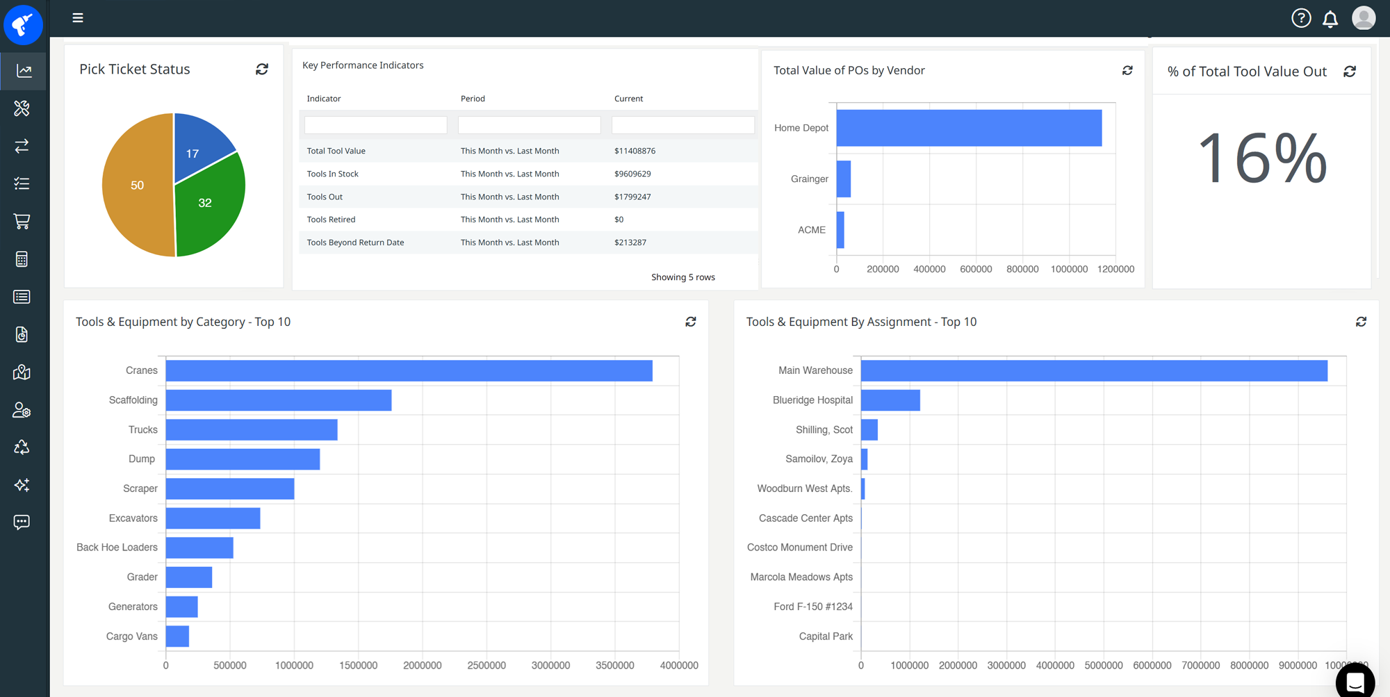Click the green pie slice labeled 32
(208, 205)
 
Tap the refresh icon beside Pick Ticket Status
(262, 69)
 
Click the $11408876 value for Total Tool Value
(635, 151)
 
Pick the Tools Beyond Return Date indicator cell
(355, 243)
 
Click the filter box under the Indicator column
(375, 125)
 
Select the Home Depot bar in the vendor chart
(969, 128)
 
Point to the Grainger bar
(843, 179)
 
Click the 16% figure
(1262, 158)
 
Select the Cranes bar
(409, 370)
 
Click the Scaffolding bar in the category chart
(278, 400)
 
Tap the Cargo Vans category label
(131, 637)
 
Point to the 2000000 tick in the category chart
(423, 666)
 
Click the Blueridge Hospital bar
(890, 400)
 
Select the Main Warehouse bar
(1093, 370)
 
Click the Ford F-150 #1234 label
(812, 607)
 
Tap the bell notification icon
(1330, 19)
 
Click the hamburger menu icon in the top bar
(78, 18)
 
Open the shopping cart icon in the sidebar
(22, 222)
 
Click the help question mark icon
(1301, 18)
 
